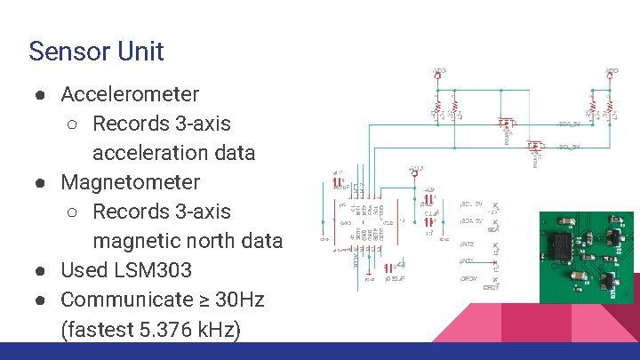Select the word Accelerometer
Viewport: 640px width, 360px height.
130,93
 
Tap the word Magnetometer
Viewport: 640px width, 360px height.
130,182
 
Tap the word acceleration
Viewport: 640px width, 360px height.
148,152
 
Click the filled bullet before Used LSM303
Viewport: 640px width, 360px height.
42,270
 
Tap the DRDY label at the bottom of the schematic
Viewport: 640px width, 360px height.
491,287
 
